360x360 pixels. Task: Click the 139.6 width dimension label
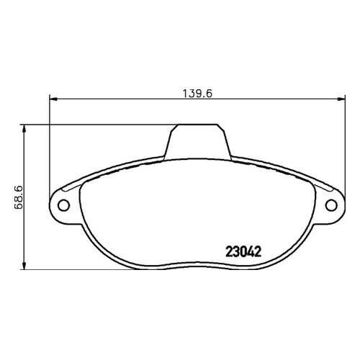point(197,94)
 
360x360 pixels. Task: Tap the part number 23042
point(243,252)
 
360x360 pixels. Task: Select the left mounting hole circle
point(63,205)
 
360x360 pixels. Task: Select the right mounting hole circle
point(331,205)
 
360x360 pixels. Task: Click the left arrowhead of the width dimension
point(53,99)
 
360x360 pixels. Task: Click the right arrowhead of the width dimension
point(341,99)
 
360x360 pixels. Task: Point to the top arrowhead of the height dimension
point(24,129)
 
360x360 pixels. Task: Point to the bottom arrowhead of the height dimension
point(24,265)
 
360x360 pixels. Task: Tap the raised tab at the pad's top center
point(197,142)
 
